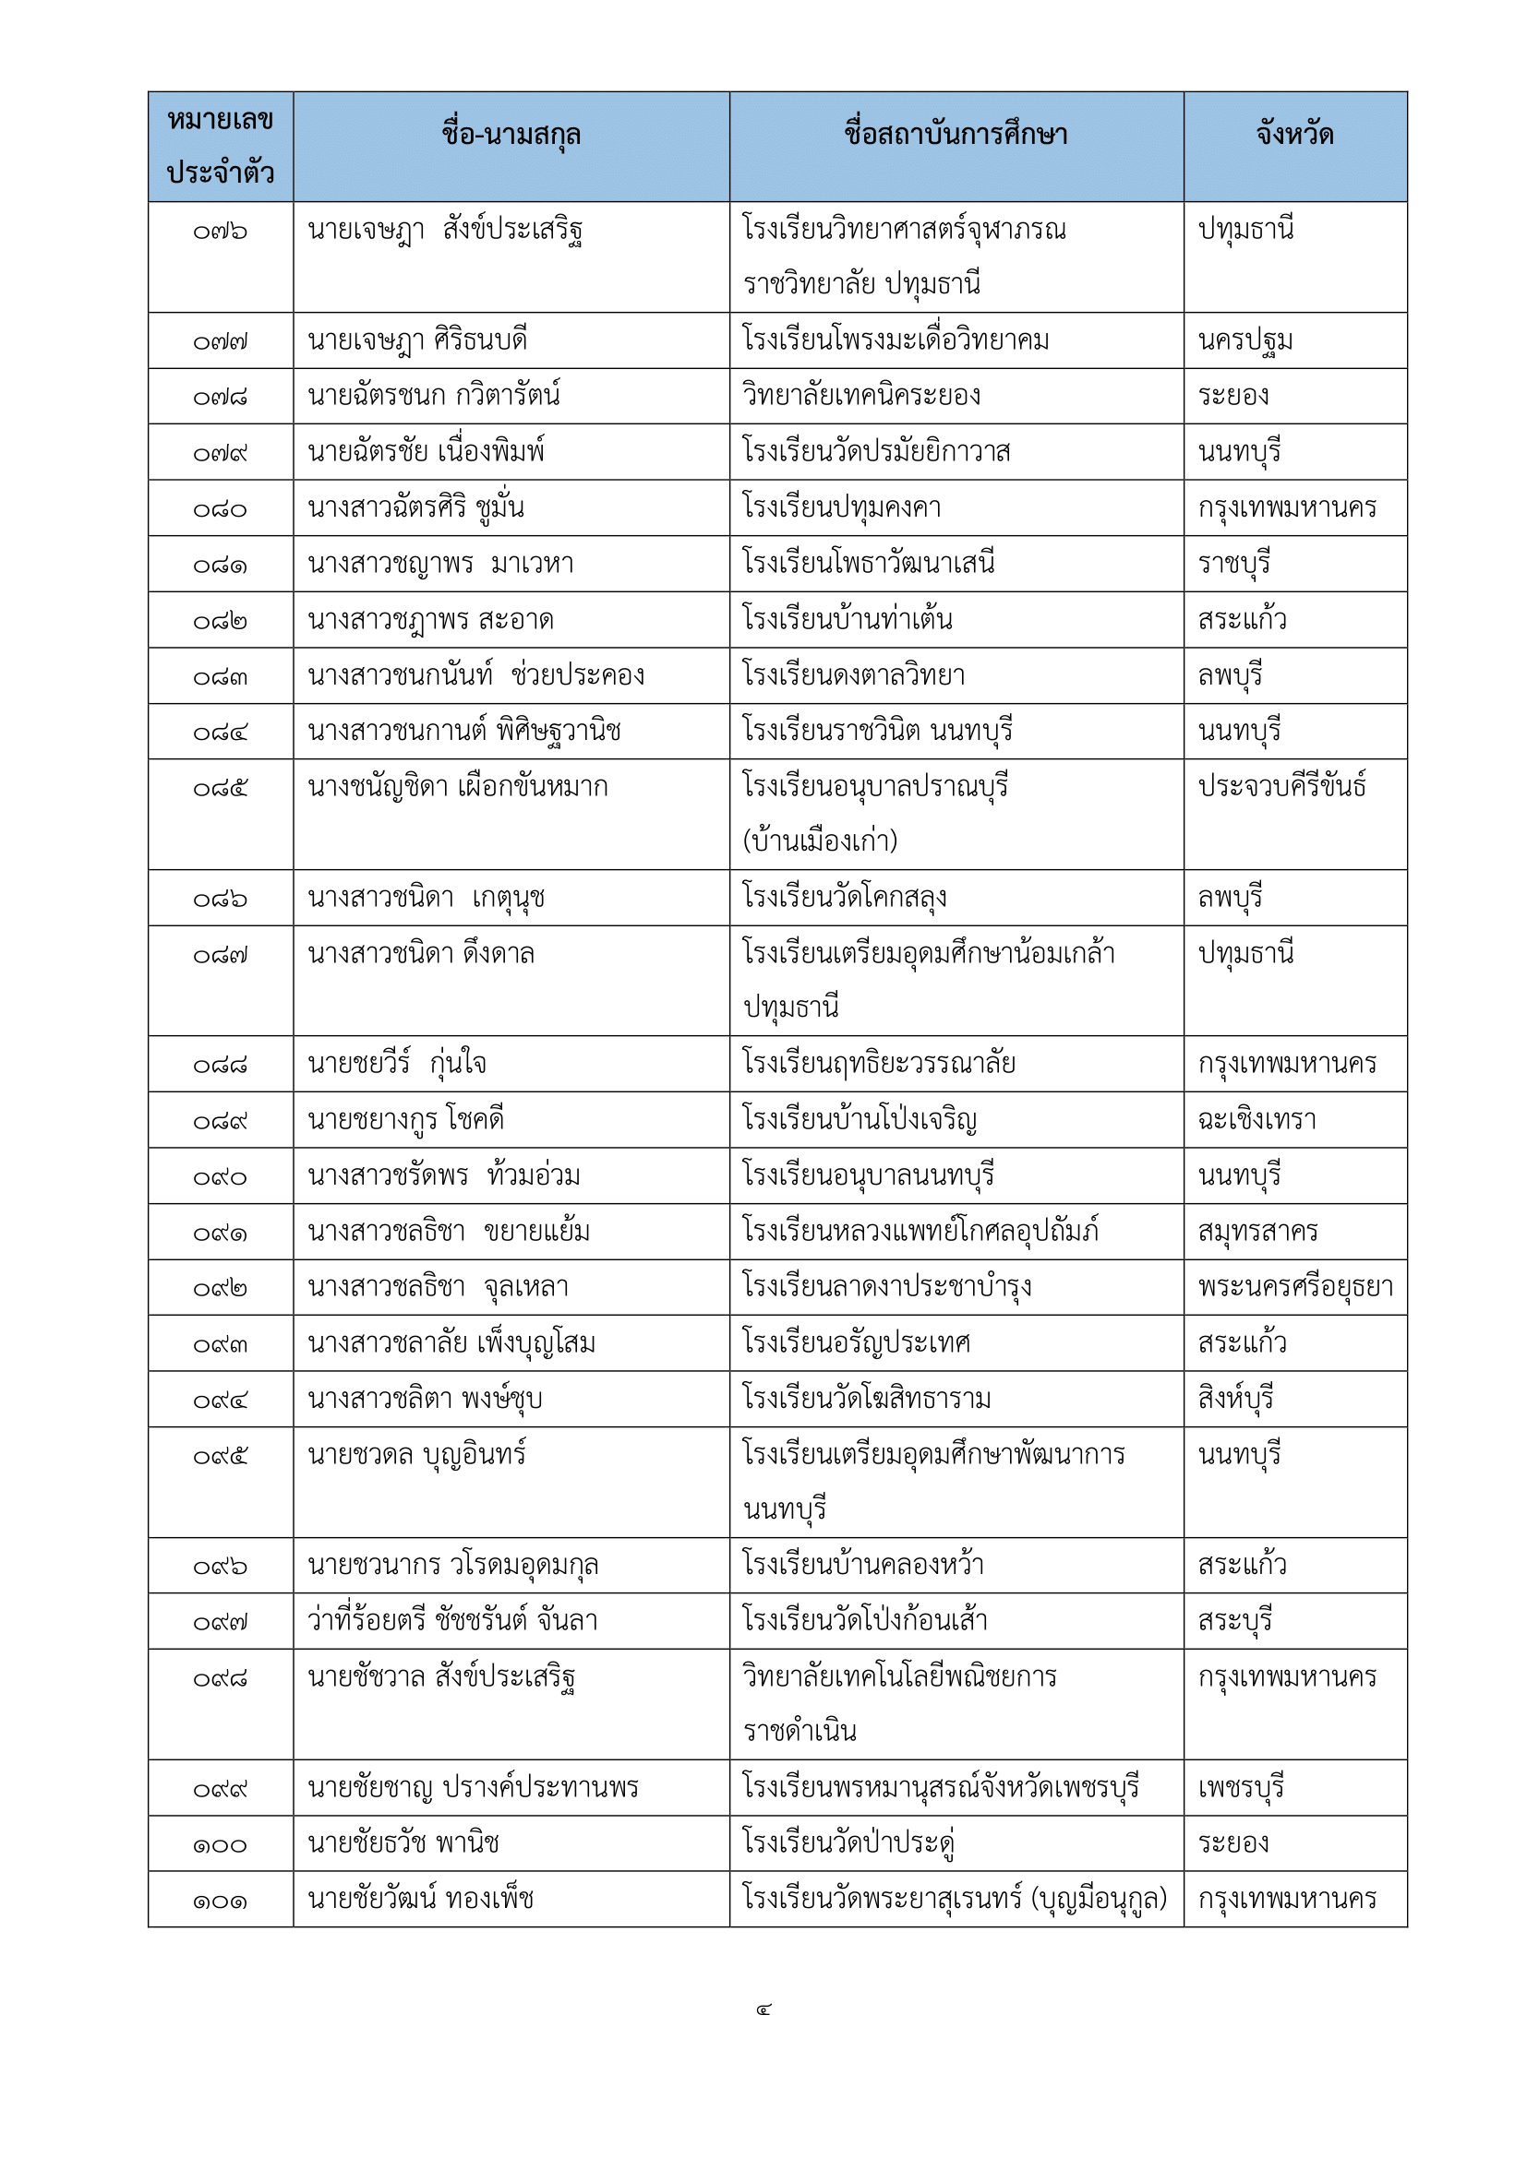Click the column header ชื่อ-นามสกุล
point(511,136)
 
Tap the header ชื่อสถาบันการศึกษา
point(956,136)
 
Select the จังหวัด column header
point(1294,136)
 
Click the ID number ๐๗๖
point(220,232)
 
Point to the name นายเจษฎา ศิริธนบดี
point(417,340)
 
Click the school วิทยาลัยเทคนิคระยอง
point(861,396)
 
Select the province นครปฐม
point(1244,340)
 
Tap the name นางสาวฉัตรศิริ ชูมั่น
point(415,507)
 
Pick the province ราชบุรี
point(1233,564)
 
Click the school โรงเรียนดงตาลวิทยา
point(854,674)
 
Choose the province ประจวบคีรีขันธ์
point(1281,786)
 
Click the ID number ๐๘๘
point(220,1065)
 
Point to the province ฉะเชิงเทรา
point(1256,1119)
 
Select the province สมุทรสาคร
point(1257,1232)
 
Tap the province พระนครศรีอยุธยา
point(1294,1287)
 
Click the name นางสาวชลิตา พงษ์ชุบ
point(425,1399)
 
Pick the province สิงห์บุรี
point(1235,1399)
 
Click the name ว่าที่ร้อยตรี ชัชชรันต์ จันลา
point(452,1620)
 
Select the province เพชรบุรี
point(1240,1787)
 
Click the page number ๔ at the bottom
point(763,2010)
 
